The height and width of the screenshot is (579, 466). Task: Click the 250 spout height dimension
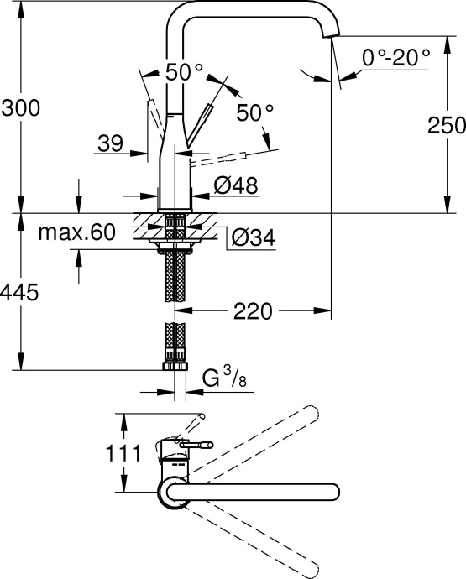[446, 126]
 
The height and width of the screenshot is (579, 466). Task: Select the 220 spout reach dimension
[251, 311]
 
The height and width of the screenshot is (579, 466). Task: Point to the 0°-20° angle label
[395, 57]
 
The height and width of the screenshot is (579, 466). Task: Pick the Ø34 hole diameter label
[252, 238]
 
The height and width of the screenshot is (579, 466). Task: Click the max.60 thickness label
[76, 232]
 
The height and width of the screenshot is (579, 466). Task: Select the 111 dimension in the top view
[93, 453]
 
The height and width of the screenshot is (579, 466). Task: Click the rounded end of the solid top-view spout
[333, 493]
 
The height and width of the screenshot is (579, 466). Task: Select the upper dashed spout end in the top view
[312, 415]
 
